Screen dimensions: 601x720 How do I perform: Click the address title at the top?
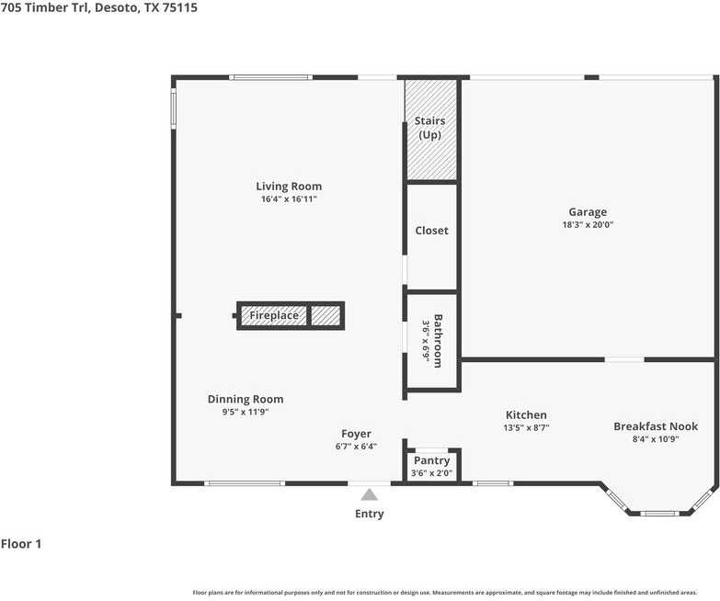98,7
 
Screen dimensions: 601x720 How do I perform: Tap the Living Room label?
289,187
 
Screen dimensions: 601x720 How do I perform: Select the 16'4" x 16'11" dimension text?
289,199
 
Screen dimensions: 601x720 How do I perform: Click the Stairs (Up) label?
429,128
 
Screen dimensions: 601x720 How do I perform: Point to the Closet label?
431,231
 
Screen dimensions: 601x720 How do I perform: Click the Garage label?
587,212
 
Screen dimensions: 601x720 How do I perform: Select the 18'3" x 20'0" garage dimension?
588,225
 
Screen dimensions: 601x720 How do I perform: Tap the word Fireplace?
274,316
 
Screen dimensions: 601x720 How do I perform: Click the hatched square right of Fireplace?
326,316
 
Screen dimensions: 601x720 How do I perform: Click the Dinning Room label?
246,399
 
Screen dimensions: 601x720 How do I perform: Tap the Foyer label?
356,434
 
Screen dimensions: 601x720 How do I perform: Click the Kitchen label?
526,415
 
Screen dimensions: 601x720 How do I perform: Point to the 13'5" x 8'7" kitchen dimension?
526,428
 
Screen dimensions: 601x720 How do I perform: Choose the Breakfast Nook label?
656,426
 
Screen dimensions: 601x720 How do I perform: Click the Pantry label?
431,460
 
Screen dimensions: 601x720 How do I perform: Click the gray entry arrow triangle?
369,494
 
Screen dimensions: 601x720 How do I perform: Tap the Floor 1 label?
21,544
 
